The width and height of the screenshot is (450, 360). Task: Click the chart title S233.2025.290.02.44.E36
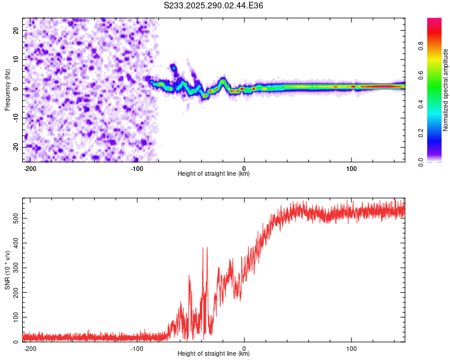pos(214,5)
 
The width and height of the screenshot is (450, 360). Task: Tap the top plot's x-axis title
pos(214,174)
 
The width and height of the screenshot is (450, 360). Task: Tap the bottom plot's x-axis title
pos(214,354)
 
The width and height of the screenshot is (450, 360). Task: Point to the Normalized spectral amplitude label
pos(446,91)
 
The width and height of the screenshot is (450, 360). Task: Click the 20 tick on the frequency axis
pos(16,30)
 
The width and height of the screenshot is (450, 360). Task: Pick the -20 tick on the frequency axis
pos(14,147)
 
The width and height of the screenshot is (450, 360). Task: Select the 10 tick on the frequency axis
pos(16,59)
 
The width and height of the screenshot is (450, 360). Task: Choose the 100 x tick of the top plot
pos(352,168)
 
